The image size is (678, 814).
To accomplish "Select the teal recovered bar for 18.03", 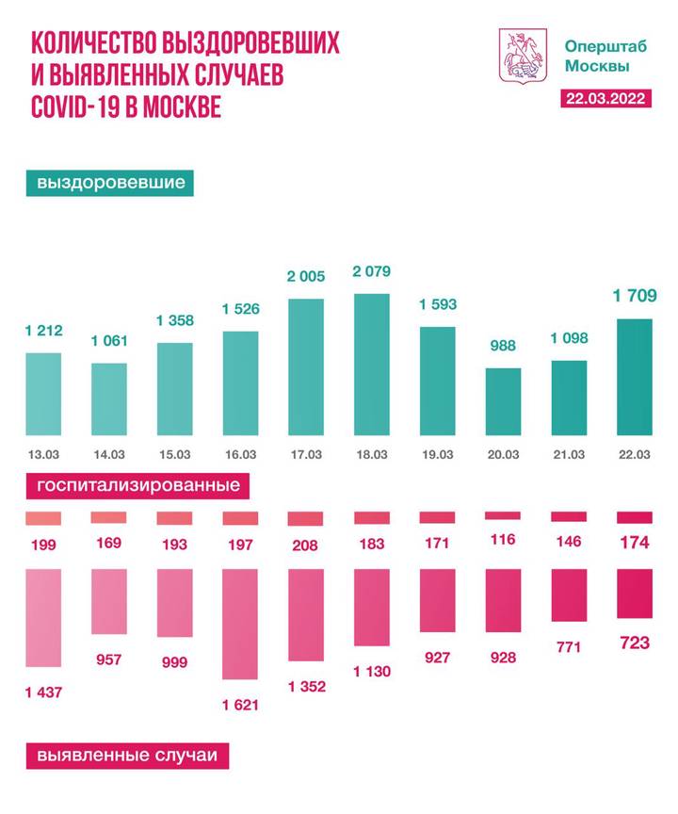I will point(370,365).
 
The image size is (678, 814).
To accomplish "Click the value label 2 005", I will point(305,276).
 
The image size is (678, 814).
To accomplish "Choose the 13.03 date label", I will point(43,454).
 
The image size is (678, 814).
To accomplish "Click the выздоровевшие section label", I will point(111,182).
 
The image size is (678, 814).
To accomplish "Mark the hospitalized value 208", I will point(305,544).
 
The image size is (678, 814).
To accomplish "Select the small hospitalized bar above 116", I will point(502,515).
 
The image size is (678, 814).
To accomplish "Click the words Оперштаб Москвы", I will point(596,56).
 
